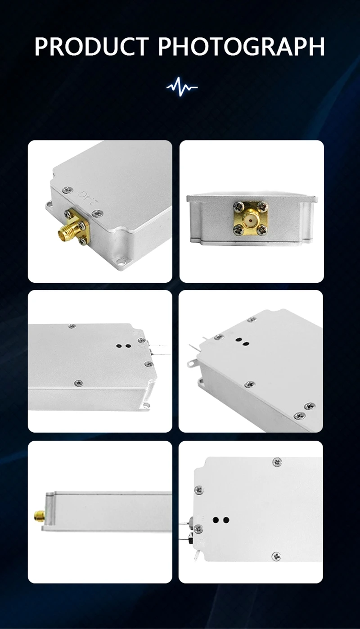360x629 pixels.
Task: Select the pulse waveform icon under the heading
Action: coord(182,86)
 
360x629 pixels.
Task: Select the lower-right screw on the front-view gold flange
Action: coord(263,231)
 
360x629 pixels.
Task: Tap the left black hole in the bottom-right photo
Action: coord(216,520)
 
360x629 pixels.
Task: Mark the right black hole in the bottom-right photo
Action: coord(226,520)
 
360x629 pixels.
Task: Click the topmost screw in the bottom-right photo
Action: coord(277,462)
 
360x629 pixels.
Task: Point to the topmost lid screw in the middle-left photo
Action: coord(72,326)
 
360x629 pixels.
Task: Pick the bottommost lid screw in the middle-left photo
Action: coord(79,383)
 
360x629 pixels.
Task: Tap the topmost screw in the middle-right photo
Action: coord(252,319)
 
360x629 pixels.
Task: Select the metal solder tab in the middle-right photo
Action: coord(192,363)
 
